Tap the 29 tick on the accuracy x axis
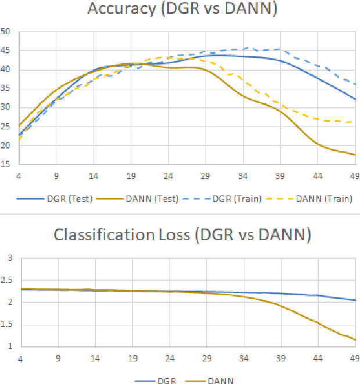pos(206,175)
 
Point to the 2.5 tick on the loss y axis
pos(7,280)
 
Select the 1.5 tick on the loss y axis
pos(7,324)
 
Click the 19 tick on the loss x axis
pos(132,357)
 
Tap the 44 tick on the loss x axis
pos(317,357)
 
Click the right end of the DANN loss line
pos(354,339)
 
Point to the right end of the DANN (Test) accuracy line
pos(354,155)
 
